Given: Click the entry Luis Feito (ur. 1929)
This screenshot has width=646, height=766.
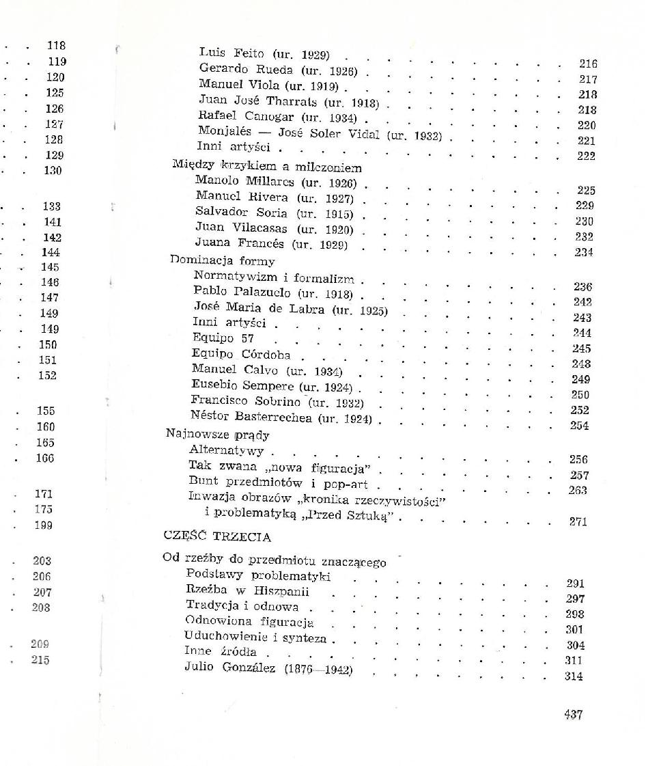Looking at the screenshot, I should point(264,53).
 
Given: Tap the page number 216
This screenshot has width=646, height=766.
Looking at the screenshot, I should point(588,64).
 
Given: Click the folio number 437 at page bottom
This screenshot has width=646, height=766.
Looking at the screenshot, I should point(573,715).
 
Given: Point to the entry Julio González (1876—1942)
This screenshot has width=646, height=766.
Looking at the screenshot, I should point(268,668).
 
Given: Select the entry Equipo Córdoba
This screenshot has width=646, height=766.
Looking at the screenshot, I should point(241,354).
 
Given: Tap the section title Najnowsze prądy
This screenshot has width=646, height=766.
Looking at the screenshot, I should point(218,434).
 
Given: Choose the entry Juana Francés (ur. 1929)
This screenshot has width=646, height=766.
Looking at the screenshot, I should point(271,243).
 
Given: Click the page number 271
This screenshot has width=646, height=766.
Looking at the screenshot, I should point(578,521).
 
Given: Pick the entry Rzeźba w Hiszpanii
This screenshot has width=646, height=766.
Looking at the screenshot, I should point(247,591).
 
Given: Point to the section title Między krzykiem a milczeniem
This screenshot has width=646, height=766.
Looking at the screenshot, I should point(267,167).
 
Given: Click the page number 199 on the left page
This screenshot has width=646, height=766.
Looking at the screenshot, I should point(43,525).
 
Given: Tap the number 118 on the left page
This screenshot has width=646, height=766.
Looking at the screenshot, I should point(56,46).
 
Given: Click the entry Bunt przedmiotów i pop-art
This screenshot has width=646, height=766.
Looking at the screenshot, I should point(278,484).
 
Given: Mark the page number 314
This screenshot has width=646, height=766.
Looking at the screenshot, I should point(574,676).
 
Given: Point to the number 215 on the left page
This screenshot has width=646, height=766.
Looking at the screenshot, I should point(40,660).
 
